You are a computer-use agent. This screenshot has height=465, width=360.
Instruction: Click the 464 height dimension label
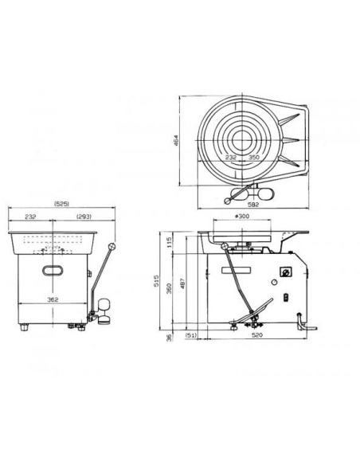pyautogui.click(x=175, y=141)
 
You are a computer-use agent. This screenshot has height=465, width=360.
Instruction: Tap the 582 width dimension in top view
pyautogui.click(x=253, y=205)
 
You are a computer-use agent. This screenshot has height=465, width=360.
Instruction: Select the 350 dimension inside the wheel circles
pyautogui.click(x=253, y=157)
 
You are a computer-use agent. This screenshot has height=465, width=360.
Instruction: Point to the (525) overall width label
pyautogui.click(x=61, y=204)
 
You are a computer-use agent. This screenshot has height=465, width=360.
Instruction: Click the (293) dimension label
pyautogui.click(x=84, y=217)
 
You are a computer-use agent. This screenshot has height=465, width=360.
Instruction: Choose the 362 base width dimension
pyautogui.click(x=53, y=299)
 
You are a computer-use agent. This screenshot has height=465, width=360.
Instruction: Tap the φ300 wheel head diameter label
pyautogui.click(x=242, y=217)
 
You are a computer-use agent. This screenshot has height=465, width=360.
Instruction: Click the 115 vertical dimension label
pyautogui.click(x=170, y=243)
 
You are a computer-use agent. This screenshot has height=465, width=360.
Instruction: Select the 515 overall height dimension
pyautogui.click(x=157, y=280)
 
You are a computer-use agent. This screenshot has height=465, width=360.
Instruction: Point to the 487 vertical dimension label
pyautogui.click(x=183, y=283)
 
